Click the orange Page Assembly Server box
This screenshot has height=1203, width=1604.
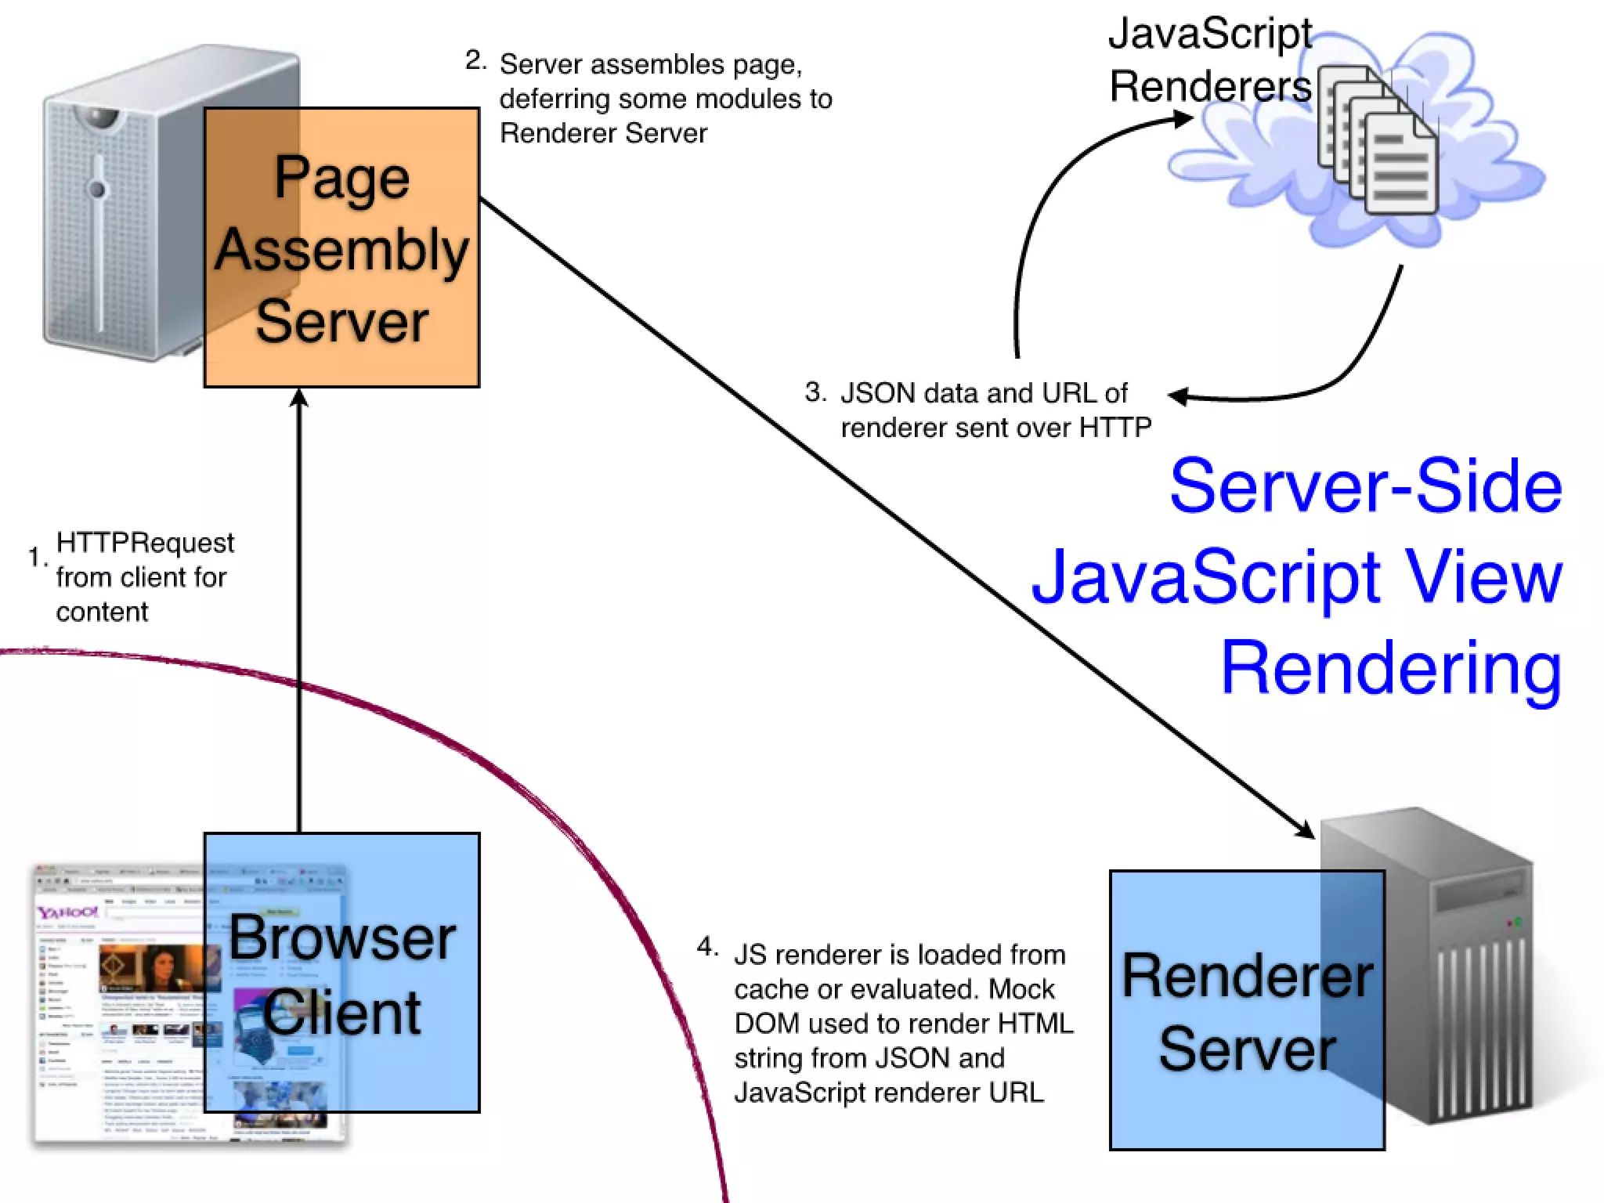(x=341, y=247)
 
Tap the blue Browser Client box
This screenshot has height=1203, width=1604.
(x=341, y=973)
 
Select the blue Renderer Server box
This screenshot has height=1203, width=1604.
(x=1247, y=1010)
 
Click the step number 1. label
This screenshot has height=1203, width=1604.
(x=37, y=558)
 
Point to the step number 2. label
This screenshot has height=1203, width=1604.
(x=475, y=60)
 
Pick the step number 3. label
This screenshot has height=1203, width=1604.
(x=815, y=392)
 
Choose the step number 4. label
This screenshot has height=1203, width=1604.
(x=707, y=947)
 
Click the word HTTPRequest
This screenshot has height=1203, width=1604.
(x=145, y=542)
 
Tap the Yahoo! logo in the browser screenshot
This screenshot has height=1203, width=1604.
(x=68, y=912)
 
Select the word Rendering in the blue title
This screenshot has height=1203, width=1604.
(x=1391, y=667)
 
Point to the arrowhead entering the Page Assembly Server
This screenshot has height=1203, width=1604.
(x=299, y=398)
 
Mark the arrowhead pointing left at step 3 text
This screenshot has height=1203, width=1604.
(x=1178, y=396)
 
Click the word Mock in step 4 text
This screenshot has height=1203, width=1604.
(x=1021, y=988)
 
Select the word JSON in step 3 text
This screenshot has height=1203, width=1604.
(x=871, y=392)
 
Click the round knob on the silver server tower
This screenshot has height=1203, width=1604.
(x=97, y=189)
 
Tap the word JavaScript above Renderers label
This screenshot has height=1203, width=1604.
(x=1210, y=34)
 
